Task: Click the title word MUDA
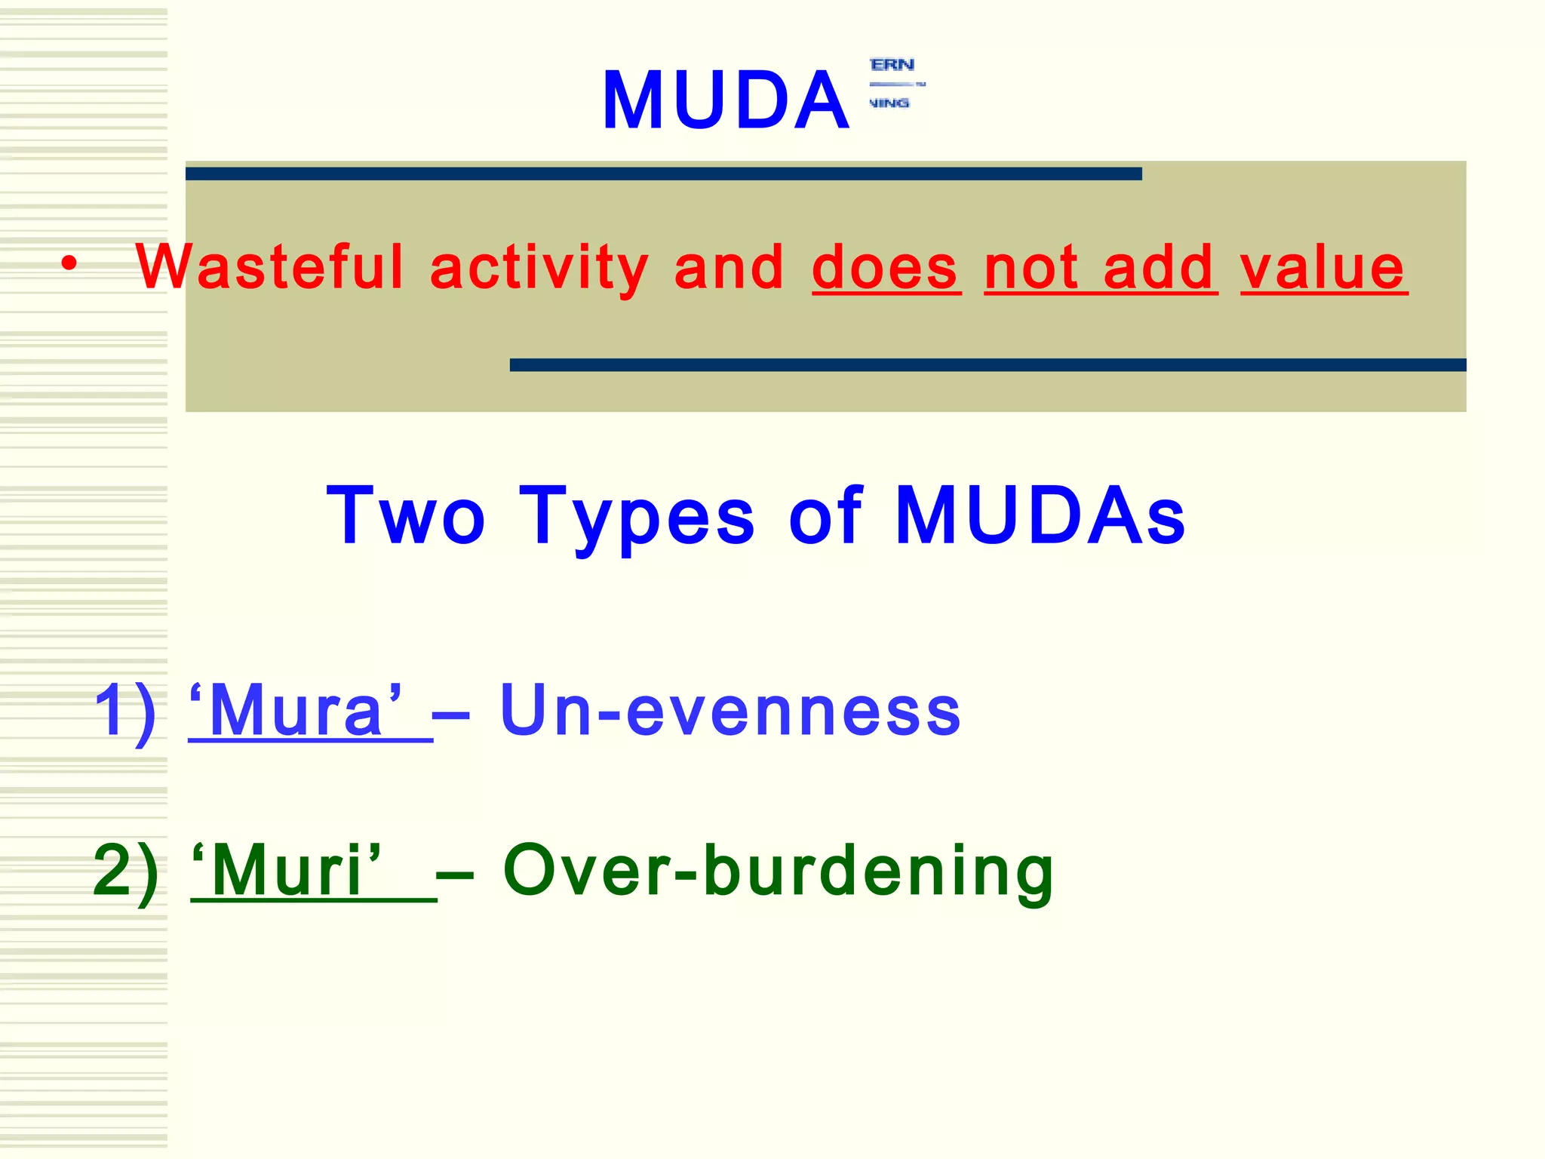pyautogui.click(x=725, y=101)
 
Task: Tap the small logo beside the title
pyautogui.click(x=896, y=84)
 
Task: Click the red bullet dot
pyautogui.click(x=69, y=264)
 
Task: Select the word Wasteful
pyautogui.click(x=270, y=267)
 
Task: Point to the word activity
pyautogui.click(x=539, y=269)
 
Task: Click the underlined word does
pyautogui.click(x=886, y=269)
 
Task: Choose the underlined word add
pyautogui.click(x=1160, y=269)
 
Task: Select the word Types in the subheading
pyautogui.click(x=637, y=518)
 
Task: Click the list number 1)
pyautogui.click(x=125, y=711)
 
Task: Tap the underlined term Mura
pyautogui.click(x=296, y=711)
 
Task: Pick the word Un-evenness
pyautogui.click(x=729, y=711)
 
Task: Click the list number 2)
pyautogui.click(x=125, y=871)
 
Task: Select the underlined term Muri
pyautogui.click(x=287, y=872)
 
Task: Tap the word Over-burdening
pyautogui.click(x=778, y=872)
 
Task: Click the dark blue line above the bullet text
pyautogui.click(x=663, y=174)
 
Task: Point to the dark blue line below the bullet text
pyautogui.click(x=988, y=365)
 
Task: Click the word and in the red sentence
pyautogui.click(x=728, y=269)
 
